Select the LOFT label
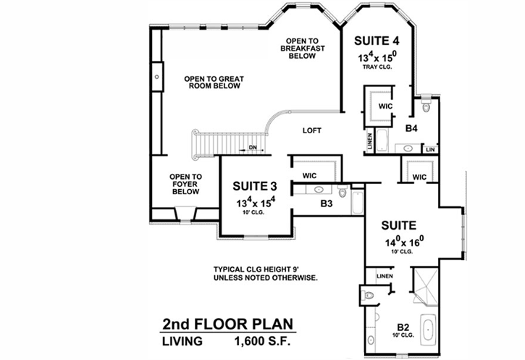(x=312, y=131)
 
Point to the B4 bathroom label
(x=411, y=128)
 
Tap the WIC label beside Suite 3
(x=310, y=175)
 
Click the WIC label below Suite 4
(x=385, y=106)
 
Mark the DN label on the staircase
(x=253, y=148)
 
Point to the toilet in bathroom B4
(x=426, y=108)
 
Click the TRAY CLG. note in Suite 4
(x=377, y=67)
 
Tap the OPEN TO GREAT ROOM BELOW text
(x=211, y=82)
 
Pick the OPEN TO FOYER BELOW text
(x=185, y=185)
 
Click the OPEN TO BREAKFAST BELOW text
(x=304, y=49)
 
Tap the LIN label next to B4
(x=430, y=149)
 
